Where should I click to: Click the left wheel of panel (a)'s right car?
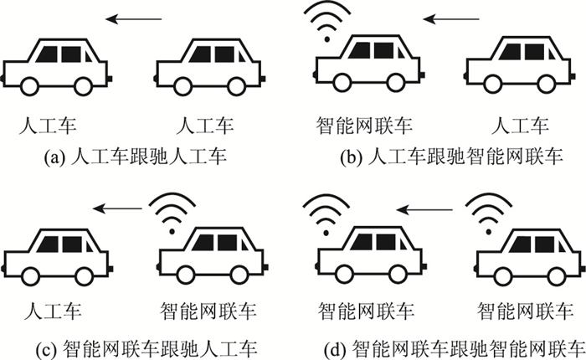tap(186, 85)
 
